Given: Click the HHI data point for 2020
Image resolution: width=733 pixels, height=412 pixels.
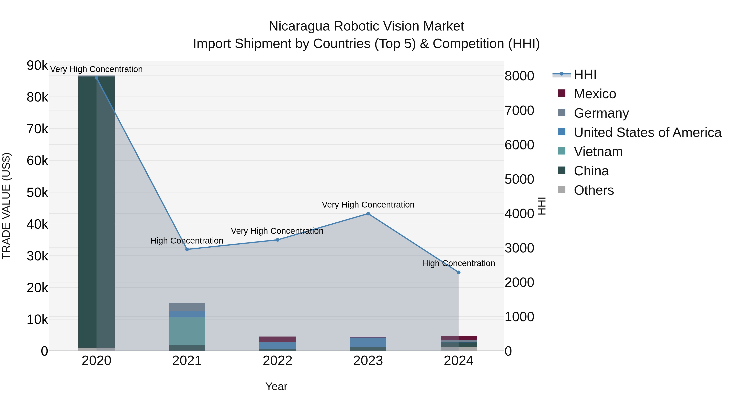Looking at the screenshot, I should point(97,78).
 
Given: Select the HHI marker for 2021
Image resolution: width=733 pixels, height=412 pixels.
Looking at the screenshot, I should point(187,249).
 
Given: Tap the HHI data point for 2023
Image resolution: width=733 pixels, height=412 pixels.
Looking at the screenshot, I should point(368,214).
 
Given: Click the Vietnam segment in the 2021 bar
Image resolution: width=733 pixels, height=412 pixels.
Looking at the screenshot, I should point(187,331).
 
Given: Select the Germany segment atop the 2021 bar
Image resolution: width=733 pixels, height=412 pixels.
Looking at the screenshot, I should point(187,307).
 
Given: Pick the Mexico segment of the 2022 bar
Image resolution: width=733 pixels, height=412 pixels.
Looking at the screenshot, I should point(278,339).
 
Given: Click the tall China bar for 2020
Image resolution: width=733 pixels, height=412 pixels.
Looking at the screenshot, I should point(97,210).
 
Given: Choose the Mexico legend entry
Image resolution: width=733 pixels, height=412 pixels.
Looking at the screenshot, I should point(595,94).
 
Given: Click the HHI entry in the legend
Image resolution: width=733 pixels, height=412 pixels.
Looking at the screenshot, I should point(585,74).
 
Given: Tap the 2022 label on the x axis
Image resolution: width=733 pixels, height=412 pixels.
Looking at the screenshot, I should point(278,361).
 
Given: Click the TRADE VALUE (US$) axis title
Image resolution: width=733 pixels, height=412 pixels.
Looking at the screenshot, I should point(6,206).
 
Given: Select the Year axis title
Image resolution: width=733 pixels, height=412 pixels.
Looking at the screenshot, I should point(276,386).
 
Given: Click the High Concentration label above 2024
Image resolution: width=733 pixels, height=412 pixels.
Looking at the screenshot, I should point(458,263).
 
